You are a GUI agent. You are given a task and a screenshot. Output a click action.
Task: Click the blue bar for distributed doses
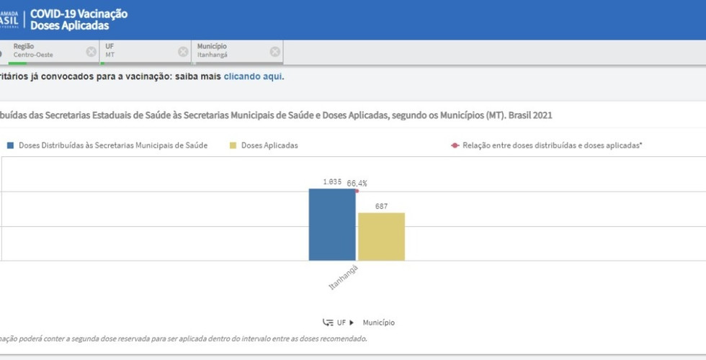[x=332, y=224]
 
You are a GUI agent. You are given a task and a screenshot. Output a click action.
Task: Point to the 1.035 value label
[x=331, y=182]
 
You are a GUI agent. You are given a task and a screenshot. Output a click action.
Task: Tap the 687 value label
[x=381, y=207]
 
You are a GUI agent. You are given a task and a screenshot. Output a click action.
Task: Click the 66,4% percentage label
[x=357, y=184]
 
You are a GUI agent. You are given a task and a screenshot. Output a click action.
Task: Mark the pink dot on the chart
[x=356, y=191]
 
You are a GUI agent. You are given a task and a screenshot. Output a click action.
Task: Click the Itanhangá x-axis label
[x=344, y=277]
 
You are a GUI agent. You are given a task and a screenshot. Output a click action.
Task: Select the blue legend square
[x=11, y=145]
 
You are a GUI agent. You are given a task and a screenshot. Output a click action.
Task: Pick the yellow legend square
[x=233, y=145]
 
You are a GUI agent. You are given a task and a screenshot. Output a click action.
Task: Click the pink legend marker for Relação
[x=455, y=145]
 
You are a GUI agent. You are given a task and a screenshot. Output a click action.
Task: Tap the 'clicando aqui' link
[x=253, y=76]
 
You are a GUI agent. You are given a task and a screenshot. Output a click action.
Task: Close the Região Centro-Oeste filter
[x=91, y=52]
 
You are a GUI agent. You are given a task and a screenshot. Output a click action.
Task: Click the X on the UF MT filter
[x=183, y=52]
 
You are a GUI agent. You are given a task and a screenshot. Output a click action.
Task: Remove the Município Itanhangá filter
[x=274, y=52]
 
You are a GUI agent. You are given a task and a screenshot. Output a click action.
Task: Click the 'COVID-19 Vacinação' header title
[x=79, y=14]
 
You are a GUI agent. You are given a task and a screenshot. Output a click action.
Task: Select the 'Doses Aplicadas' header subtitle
[x=70, y=26]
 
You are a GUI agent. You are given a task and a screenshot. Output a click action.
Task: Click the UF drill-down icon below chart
[x=329, y=323]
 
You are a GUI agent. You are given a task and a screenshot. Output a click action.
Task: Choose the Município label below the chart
[x=378, y=323]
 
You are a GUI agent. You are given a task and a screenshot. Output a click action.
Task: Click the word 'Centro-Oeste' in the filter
[x=33, y=55]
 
